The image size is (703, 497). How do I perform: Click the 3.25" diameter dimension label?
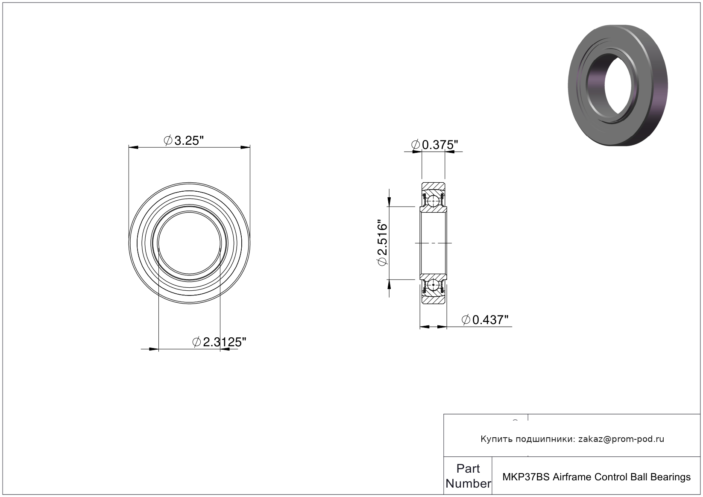click(x=184, y=140)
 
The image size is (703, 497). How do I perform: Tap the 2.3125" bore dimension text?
click(x=220, y=342)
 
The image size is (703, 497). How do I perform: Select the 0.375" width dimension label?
click(x=435, y=145)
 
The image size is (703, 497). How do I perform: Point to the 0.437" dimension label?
click(x=485, y=320)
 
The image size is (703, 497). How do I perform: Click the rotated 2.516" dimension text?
click(x=383, y=243)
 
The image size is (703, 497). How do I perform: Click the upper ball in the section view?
click(x=434, y=201)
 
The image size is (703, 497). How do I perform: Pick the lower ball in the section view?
click(x=434, y=285)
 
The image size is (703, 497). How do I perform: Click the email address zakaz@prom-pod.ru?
click(x=621, y=439)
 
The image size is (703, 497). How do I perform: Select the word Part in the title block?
click(x=468, y=468)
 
